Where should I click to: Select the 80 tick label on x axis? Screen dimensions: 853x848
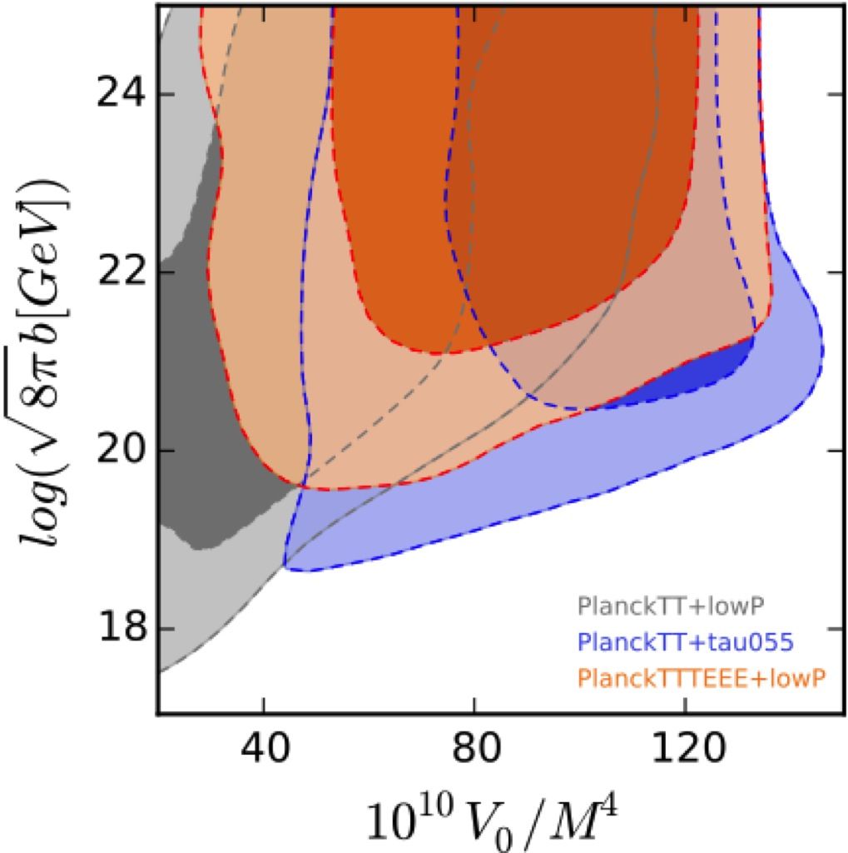pyautogui.click(x=474, y=755)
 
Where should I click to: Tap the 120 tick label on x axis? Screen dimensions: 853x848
pyautogui.click(x=684, y=755)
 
